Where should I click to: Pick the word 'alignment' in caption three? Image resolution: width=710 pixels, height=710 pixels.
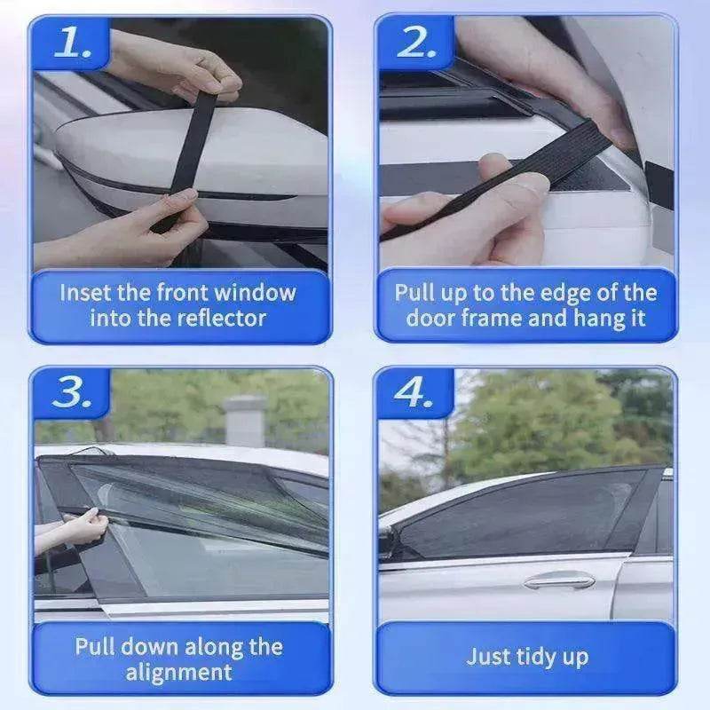(178, 672)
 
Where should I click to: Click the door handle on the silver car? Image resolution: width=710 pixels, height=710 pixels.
(558, 581)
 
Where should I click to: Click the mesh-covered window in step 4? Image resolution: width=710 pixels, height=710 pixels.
(524, 515)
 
